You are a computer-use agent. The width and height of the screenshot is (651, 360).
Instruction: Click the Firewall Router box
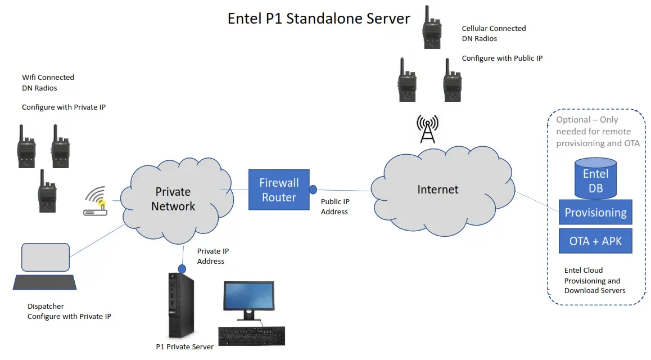click(x=279, y=190)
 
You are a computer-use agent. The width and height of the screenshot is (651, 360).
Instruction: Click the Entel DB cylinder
click(x=595, y=179)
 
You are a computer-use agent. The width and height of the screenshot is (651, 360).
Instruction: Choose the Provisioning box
click(x=595, y=213)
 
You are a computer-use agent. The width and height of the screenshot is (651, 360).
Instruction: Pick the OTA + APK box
click(x=595, y=241)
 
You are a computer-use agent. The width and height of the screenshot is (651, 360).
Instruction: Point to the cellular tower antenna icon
click(x=427, y=129)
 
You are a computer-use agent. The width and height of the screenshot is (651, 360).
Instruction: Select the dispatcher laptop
click(x=44, y=267)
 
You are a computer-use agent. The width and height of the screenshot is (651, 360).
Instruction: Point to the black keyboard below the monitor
click(x=251, y=336)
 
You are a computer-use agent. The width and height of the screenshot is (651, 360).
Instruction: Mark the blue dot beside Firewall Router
click(x=313, y=190)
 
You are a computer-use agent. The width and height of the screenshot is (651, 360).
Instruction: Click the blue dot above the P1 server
click(x=182, y=267)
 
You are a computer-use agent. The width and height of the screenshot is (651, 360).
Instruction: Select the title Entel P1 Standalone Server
click(x=319, y=18)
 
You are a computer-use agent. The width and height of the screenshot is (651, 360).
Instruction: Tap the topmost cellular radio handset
click(x=432, y=28)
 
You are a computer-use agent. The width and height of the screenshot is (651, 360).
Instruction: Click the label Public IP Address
click(x=334, y=206)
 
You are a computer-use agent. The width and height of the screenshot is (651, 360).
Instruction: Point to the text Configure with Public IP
click(x=502, y=58)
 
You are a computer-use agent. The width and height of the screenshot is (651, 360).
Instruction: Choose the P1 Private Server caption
click(x=184, y=347)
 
